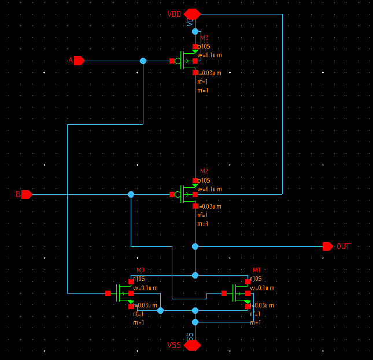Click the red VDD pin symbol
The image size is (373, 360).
(x=192, y=13)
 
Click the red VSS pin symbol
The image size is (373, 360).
(x=192, y=345)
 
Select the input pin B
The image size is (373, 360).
(x=27, y=195)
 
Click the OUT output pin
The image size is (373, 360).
(x=327, y=246)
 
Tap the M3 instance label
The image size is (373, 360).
(x=204, y=38)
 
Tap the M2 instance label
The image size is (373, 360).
(x=204, y=172)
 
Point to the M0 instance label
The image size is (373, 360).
(x=141, y=270)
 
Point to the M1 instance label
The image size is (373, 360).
(x=257, y=270)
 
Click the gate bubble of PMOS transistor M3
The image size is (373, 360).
(x=179, y=61)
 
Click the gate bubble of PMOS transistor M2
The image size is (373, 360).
(x=179, y=195)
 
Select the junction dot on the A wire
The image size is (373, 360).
(x=143, y=61)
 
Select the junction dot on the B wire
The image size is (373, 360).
(x=131, y=195)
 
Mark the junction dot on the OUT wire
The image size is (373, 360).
(x=195, y=246)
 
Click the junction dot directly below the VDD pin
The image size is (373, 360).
(x=195, y=31)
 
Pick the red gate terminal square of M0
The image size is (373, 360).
(x=108, y=293)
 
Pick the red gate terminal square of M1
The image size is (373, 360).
(x=224, y=293)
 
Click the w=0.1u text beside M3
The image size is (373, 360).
(x=210, y=55)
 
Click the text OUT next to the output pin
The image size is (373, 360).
(x=343, y=247)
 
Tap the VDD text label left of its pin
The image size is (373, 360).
(x=174, y=13)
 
